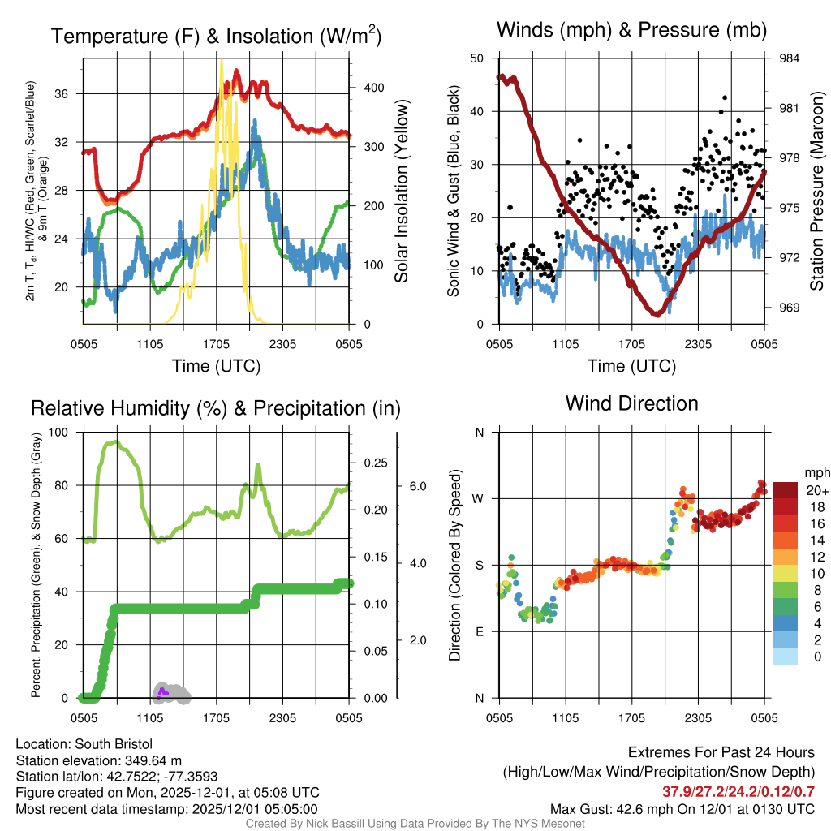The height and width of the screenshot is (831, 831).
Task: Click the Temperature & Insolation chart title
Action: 216,37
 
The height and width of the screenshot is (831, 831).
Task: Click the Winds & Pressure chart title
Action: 631,31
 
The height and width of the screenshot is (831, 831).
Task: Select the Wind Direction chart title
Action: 631,403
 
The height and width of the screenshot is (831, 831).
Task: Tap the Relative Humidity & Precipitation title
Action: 215,408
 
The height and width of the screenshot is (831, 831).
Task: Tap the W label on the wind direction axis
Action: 479,498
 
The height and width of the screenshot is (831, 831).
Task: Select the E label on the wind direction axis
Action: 480,631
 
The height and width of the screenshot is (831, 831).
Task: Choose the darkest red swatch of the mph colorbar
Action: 786,490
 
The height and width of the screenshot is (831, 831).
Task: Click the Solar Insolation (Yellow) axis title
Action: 401,192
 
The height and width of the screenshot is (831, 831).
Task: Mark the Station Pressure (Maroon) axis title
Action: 817,192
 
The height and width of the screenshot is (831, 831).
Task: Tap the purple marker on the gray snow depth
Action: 162,691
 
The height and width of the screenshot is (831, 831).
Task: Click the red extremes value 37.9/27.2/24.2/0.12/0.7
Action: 738,791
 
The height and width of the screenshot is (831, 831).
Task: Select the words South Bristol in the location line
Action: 116,744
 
